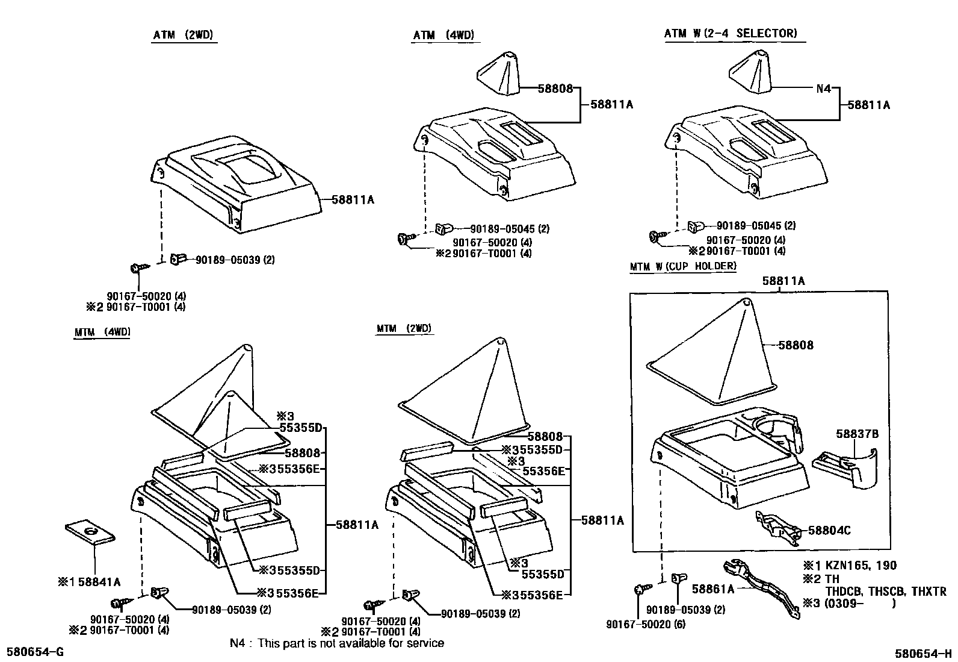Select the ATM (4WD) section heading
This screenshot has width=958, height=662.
click(443, 35)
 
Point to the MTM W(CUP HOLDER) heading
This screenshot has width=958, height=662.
click(683, 266)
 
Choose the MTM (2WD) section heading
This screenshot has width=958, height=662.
click(404, 328)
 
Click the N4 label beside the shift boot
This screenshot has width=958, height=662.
click(823, 89)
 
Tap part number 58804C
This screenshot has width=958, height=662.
click(829, 531)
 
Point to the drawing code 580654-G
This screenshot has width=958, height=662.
click(35, 652)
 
